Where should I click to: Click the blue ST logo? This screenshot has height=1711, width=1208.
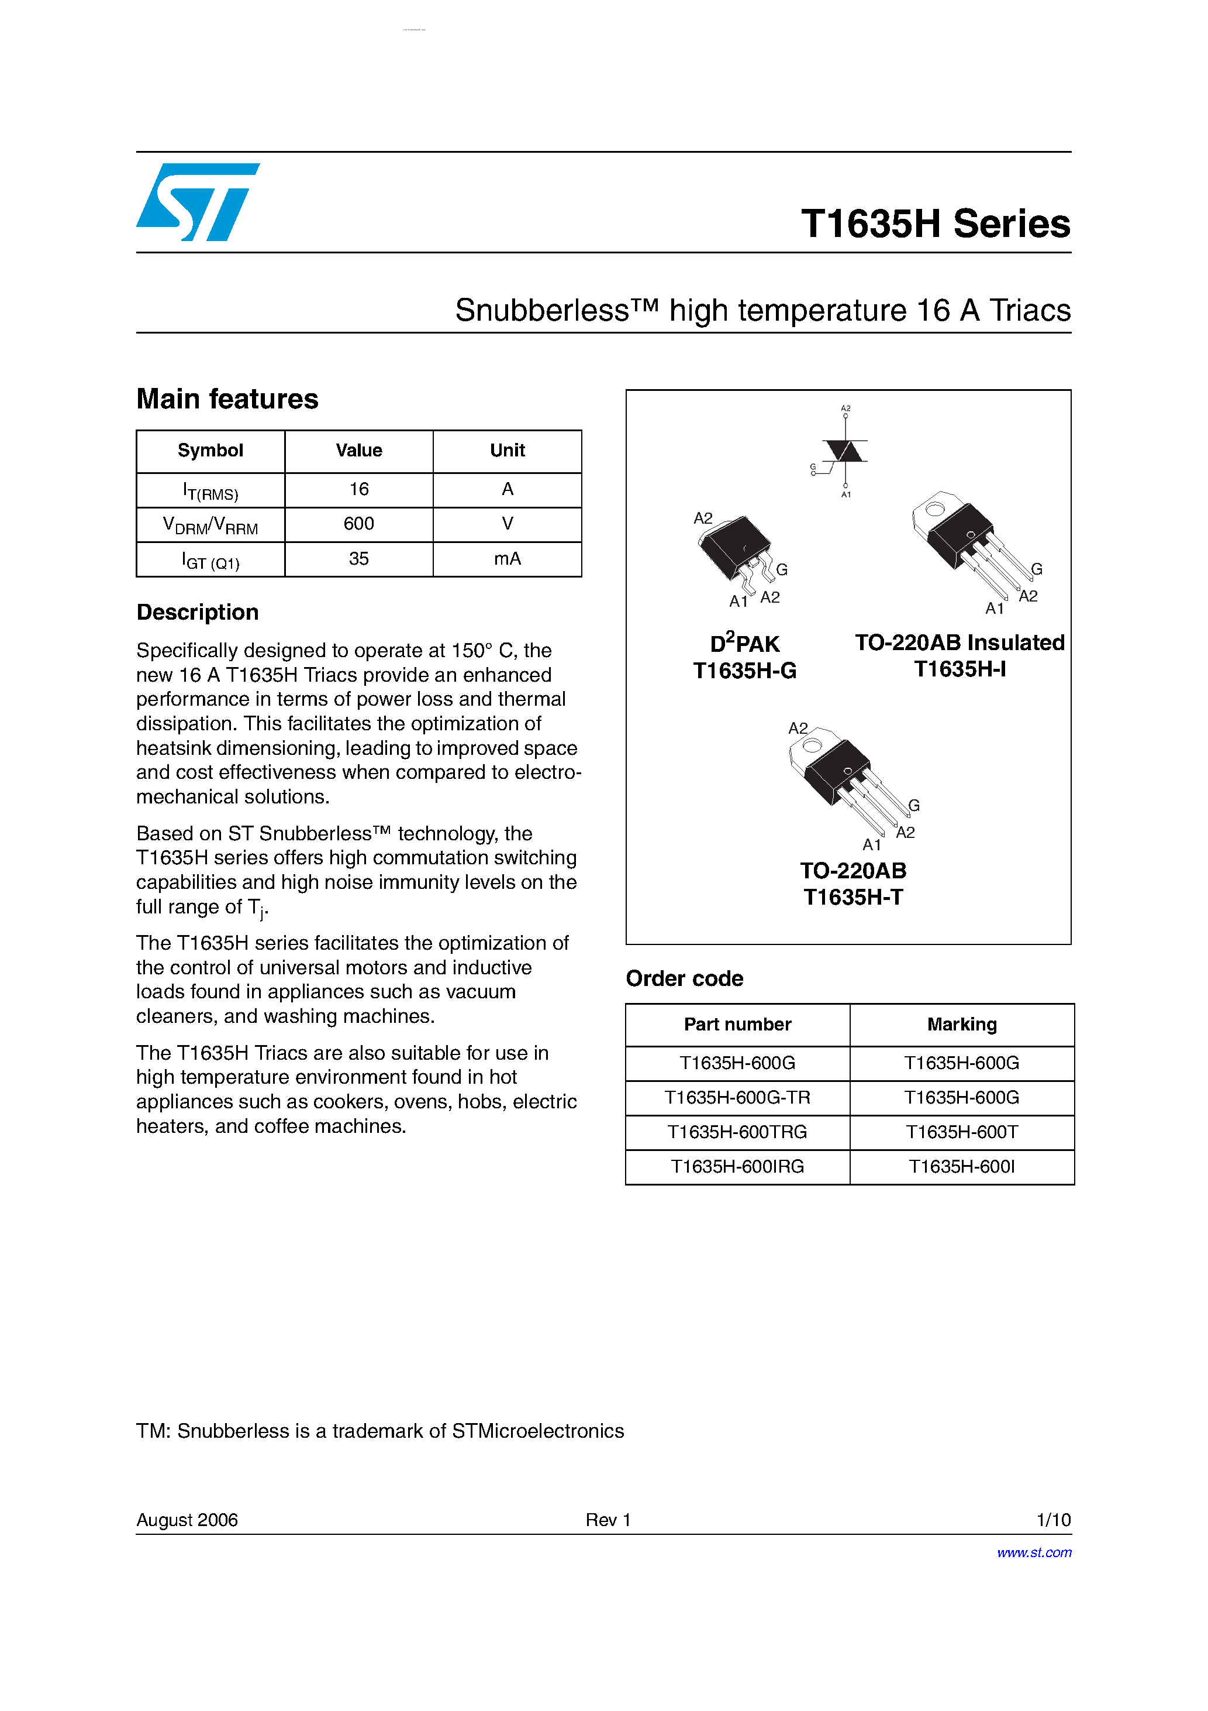198,202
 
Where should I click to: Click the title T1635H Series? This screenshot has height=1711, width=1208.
936,224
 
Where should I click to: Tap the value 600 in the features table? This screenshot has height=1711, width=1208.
358,524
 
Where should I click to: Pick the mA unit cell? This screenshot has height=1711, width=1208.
507,559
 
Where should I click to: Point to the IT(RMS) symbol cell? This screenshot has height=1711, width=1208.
210,490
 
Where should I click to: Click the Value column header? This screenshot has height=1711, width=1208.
358,450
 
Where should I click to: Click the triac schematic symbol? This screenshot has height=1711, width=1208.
844,451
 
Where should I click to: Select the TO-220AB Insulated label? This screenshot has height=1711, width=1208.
960,643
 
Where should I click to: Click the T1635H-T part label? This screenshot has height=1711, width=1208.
852,897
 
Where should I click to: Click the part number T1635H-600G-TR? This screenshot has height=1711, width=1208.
737,1098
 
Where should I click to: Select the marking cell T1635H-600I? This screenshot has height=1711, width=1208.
961,1167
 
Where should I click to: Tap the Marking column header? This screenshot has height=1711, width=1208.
961,1025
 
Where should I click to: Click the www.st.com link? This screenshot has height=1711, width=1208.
1034,1552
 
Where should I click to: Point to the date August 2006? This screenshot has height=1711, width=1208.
187,1520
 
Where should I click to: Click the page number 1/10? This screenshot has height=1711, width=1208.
1053,1520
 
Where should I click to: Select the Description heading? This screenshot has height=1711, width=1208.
198,613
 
